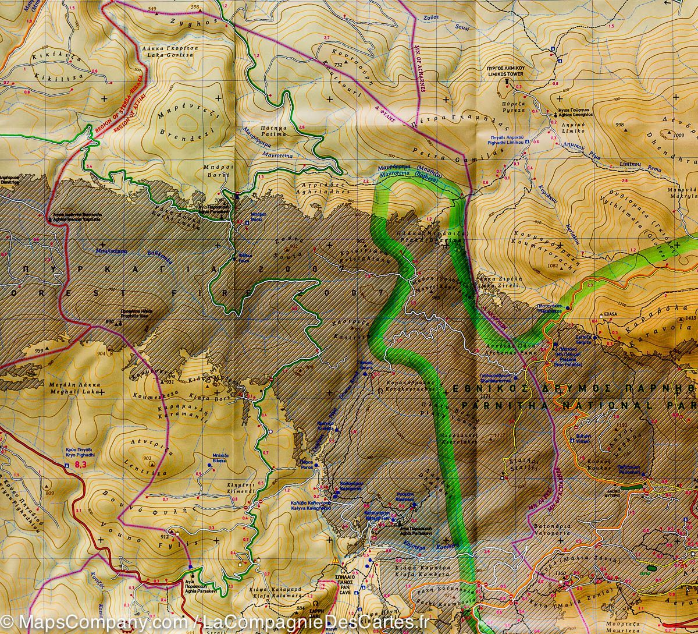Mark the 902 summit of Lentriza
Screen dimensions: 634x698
147,458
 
